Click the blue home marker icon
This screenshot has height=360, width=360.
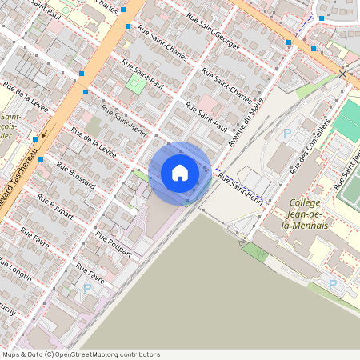[180, 173]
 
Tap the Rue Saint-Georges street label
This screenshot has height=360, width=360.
[212, 29]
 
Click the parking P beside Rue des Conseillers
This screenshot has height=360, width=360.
[287, 134]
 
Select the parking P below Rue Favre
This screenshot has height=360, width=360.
[86, 288]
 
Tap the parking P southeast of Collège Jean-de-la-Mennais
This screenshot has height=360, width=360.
[333, 283]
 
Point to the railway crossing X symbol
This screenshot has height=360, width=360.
[343, 74]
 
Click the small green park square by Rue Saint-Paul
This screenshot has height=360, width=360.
[133, 85]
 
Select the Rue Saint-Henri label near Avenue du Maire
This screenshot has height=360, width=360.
[242, 187]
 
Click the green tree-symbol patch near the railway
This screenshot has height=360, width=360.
[254, 250]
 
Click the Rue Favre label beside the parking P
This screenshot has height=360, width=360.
[90, 277]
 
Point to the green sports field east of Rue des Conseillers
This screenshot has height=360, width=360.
[347, 120]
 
